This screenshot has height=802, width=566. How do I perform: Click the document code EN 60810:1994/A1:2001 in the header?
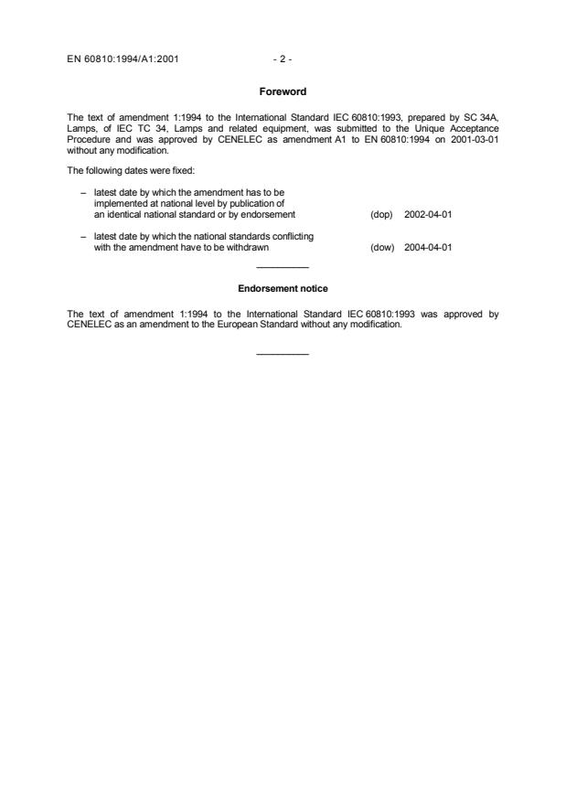pyautogui.click(x=123, y=59)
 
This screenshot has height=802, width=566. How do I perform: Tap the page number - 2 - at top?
pyautogui.click(x=283, y=59)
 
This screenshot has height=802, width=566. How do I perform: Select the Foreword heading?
pyautogui.click(x=283, y=91)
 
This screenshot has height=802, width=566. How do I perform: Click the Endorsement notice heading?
pyautogui.click(x=283, y=289)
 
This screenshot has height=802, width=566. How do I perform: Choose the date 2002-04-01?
pyautogui.click(x=428, y=215)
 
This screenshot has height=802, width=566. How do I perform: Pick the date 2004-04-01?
pyautogui.click(x=428, y=247)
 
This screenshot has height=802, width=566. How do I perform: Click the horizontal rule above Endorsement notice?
pyautogui.click(x=283, y=267)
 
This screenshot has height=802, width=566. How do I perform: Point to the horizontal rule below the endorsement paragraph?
pyautogui.click(x=283, y=354)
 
